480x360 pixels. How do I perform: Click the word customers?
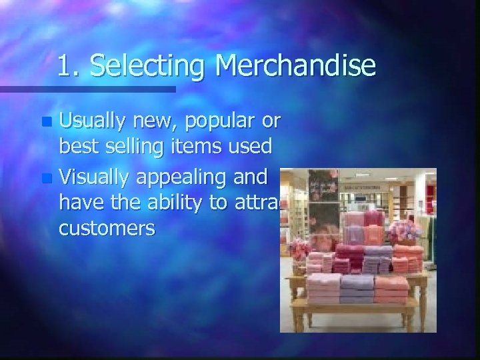tap(107, 229)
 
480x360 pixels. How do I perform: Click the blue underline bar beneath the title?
tap(87, 88)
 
